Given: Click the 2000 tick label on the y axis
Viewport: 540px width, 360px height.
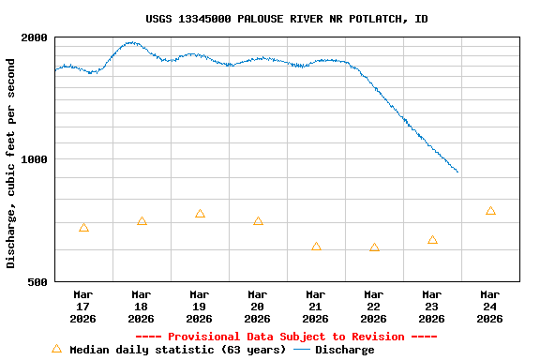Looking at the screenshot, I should [35, 38].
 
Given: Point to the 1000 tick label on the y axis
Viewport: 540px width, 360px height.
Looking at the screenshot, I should [35, 159].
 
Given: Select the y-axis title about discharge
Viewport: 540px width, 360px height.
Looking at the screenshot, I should [11, 163].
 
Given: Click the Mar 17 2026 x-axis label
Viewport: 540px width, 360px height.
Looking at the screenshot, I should [83, 307].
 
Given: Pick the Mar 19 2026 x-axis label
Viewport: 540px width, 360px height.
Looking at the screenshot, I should [200, 307].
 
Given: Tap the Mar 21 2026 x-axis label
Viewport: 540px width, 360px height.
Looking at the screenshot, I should [316, 307].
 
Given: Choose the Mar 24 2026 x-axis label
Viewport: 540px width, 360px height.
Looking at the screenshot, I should [490, 307].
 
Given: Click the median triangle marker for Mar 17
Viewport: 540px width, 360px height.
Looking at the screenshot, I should [84, 228].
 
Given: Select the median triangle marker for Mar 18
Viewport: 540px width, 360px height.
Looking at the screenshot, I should [142, 221].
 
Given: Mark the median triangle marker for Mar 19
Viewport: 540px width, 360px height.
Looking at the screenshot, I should [201, 214].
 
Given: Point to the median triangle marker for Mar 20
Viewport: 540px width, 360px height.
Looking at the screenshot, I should [259, 221].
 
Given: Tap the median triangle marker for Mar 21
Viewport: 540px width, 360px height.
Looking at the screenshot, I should [317, 247].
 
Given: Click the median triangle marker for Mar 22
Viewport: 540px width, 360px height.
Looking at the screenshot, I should [375, 247].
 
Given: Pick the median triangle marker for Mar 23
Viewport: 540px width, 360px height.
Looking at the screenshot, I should [433, 240].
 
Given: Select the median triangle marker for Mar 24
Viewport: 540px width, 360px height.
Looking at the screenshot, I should [491, 211].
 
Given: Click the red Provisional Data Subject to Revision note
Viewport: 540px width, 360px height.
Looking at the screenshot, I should [287, 337].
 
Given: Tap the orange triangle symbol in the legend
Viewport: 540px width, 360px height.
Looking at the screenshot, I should [56, 349].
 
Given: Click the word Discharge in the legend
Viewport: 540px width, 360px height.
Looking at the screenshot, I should [344, 350].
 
